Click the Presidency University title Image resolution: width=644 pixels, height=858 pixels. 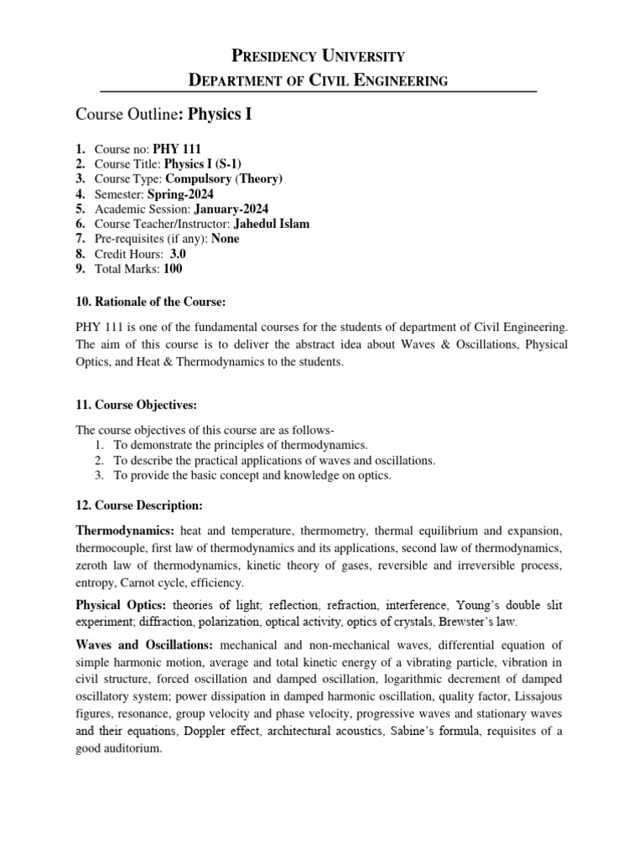[318, 56]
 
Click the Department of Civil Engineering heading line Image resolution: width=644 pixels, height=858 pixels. [318, 80]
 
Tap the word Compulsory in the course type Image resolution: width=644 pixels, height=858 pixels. [197, 178]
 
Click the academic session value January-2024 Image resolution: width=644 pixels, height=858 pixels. [231, 209]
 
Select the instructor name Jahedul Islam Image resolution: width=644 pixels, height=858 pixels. [273, 224]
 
